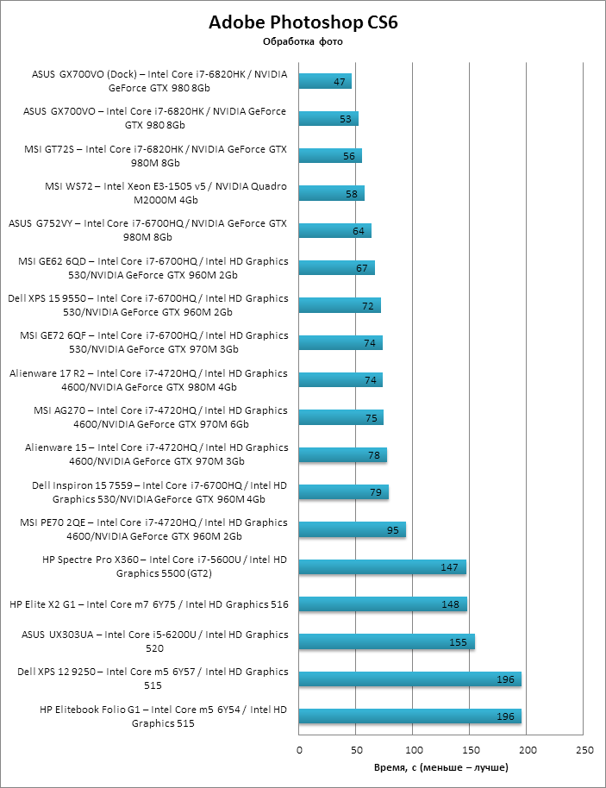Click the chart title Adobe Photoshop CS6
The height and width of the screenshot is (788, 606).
303,23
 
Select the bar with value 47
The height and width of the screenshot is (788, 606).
325,81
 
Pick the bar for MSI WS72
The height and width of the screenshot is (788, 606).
332,193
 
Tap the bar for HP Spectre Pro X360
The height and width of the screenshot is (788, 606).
383,566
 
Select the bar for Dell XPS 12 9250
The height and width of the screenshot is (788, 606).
410,679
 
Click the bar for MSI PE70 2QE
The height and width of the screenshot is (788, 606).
353,529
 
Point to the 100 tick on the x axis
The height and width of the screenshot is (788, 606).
414,750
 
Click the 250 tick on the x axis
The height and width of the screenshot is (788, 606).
584,750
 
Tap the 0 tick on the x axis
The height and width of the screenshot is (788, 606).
299,750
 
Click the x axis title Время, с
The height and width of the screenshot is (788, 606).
441,766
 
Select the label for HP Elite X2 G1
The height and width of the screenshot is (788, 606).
149,604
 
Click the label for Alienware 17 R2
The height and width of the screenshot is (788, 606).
148,379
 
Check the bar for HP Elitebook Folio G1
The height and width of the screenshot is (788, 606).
410,716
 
